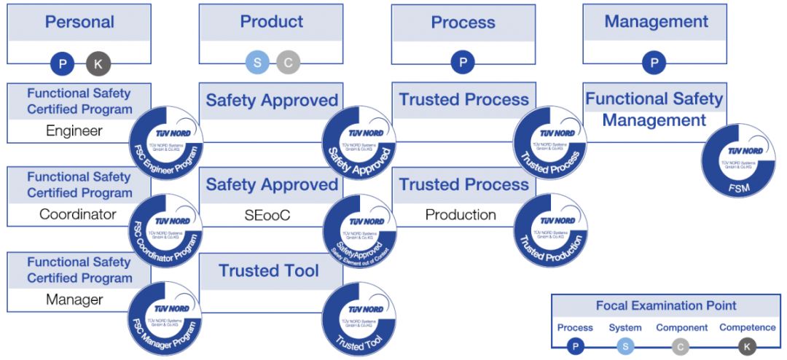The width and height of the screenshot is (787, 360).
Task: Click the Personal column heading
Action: (79, 22)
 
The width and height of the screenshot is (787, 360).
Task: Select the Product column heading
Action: (272, 22)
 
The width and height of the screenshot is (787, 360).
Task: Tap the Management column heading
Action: (656, 22)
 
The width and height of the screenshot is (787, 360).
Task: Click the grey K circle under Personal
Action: (98, 64)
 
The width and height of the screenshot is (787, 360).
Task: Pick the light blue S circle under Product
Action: (257, 63)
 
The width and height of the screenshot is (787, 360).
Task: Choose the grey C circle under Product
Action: (288, 63)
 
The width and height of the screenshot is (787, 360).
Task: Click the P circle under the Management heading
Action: (654, 63)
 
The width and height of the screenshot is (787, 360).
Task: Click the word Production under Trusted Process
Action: (461, 214)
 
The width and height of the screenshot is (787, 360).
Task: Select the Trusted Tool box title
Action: (269, 271)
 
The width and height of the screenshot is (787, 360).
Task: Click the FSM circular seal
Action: (738, 160)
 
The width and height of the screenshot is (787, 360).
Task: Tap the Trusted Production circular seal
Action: (550, 230)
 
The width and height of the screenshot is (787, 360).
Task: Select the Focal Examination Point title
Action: (666, 306)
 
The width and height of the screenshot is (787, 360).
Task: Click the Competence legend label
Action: (747, 328)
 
